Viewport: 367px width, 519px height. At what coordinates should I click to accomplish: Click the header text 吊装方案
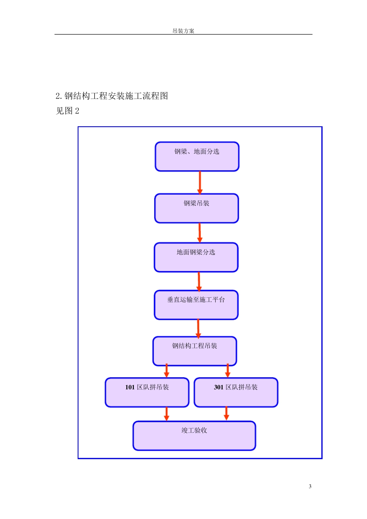pyautogui.click(x=183, y=31)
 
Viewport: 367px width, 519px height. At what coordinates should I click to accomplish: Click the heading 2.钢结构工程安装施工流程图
pyautogui.click(x=112, y=96)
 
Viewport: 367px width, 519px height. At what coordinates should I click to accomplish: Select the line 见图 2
pyautogui.click(x=68, y=111)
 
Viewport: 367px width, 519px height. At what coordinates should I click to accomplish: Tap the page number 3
pyautogui.click(x=310, y=486)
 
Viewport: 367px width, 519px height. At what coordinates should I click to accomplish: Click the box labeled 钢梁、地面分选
pyautogui.click(x=197, y=156)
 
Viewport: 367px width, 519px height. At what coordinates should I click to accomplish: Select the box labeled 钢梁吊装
pyautogui.click(x=197, y=208)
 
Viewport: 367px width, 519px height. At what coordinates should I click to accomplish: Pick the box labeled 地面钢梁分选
pyautogui.click(x=196, y=257)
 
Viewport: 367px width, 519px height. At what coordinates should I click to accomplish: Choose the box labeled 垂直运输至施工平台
pyautogui.click(x=196, y=305)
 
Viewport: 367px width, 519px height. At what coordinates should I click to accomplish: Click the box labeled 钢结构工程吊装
pyautogui.click(x=195, y=351)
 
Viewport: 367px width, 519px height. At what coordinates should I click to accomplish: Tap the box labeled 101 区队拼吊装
pyautogui.click(x=147, y=392)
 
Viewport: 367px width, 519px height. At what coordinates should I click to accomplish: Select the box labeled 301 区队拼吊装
pyautogui.click(x=236, y=392)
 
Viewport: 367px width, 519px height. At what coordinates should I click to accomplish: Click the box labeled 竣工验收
pyautogui.click(x=194, y=436)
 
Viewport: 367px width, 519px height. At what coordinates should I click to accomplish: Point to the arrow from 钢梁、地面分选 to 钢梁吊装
pyautogui.click(x=200, y=182)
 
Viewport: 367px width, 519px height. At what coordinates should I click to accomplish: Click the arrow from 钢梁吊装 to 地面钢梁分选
pyautogui.click(x=199, y=232)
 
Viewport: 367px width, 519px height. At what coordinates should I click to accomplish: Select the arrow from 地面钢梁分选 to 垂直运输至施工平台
pyautogui.click(x=199, y=281)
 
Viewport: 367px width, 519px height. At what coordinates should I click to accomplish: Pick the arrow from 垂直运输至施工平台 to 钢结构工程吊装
pyautogui.click(x=198, y=328)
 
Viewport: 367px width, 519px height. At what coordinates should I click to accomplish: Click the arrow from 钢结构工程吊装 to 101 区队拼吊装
pyautogui.click(x=167, y=371)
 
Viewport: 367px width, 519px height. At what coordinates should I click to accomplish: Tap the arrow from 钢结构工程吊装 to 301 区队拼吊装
pyautogui.click(x=228, y=371)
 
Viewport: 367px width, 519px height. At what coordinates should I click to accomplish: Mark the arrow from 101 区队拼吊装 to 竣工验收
pyautogui.click(x=167, y=414)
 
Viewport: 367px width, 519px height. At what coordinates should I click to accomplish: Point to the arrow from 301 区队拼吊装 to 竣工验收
pyautogui.click(x=226, y=414)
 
